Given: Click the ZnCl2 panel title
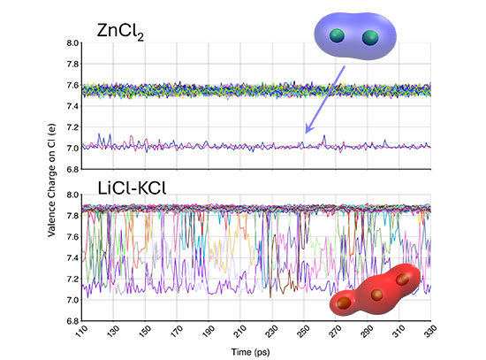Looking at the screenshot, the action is click(x=120, y=32).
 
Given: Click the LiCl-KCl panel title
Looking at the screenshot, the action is click(x=132, y=188).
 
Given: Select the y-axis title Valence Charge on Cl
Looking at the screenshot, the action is click(x=51, y=180).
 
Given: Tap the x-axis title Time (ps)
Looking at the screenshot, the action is click(x=250, y=352).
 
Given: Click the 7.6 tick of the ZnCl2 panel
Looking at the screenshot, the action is click(x=72, y=85).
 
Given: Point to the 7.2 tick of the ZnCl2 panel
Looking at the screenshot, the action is click(x=72, y=127).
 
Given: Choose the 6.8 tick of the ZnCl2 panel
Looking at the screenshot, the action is click(x=72, y=170).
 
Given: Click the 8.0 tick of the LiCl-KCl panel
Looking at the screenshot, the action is click(x=72, y=195).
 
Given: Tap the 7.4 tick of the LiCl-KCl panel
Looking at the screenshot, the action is click(x=72, y=258).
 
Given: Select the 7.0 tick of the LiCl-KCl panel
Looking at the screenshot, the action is click(x=72, y=300).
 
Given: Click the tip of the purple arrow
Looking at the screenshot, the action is click(x=306, y=134).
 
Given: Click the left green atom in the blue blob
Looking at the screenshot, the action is click(x=337, y=35).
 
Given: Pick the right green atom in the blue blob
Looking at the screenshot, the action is click(x=370, y=37).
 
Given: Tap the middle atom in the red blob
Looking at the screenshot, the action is click(x=377, y=295).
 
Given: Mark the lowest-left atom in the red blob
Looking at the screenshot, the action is click(x=344, y=303).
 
